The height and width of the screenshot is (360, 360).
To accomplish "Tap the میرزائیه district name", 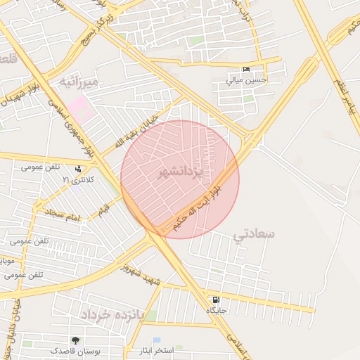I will tap(84, 83).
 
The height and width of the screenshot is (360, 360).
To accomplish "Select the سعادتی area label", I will tap(255, 234).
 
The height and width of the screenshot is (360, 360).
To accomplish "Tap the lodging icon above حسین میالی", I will tap(246, 70).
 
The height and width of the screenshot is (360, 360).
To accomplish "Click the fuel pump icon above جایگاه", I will tap(215, 300).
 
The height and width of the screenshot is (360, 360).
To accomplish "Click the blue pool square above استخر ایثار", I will tap(156, 340).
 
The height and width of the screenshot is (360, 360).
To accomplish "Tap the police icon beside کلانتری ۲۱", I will tap(77, 169).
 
